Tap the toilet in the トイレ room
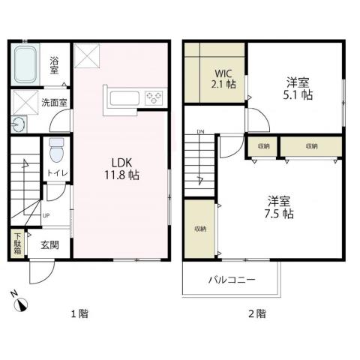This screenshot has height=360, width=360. [x=54, y=151]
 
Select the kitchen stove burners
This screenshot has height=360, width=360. [x=154, y=98]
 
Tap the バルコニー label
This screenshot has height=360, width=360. [x=231, y=280]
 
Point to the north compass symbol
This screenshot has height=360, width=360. [x=22, y=303]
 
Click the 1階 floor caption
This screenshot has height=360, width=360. [x=79, y=313]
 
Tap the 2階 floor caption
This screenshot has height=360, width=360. [x=256, y=313]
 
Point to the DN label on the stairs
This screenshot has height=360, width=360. [x=200, y=133]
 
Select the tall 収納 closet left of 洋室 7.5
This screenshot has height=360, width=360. [x=199, y=228]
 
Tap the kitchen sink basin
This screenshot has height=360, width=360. [x=122, y=98]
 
